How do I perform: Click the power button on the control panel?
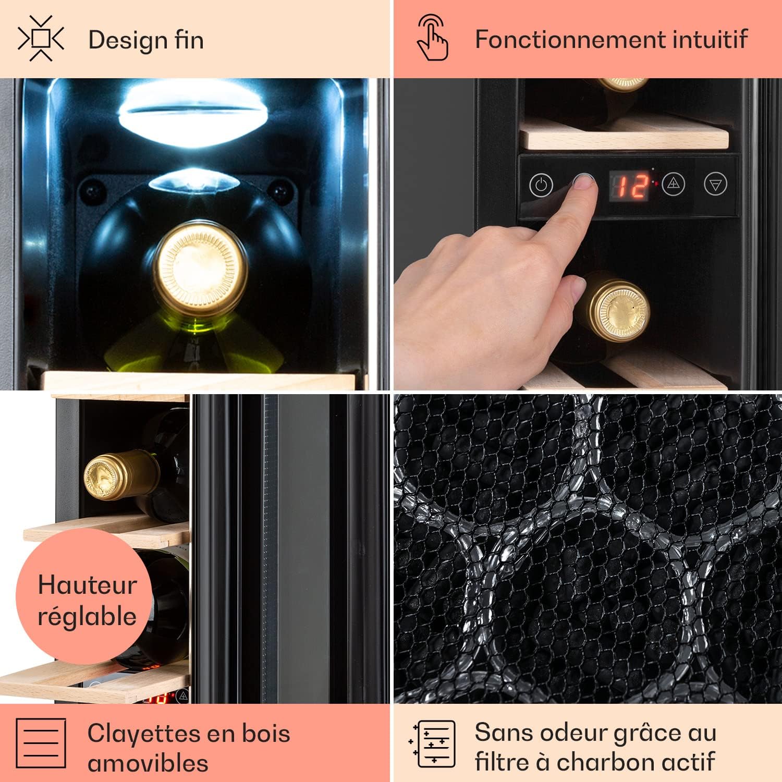541,185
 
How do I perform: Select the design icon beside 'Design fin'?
41,39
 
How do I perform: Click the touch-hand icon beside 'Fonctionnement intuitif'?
433,38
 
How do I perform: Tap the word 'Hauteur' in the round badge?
88,585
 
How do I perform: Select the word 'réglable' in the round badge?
87,616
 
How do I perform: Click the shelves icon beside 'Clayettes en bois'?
41,743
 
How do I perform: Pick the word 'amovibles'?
148,763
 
